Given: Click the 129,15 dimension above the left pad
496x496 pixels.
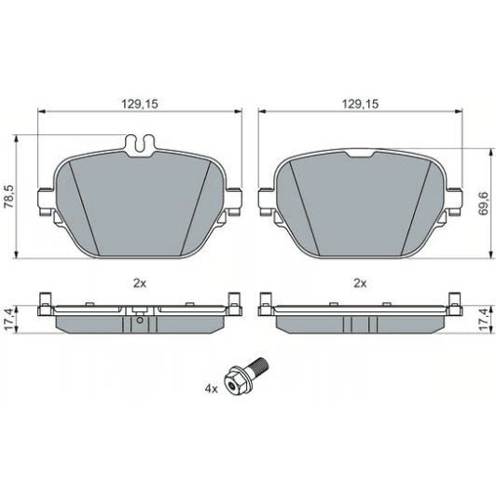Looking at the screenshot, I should pos(138,106).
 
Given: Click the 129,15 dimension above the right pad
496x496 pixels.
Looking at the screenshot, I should pos(360,106).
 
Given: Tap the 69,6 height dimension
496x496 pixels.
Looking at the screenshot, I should pos(483,203).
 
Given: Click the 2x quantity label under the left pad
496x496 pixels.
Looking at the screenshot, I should pos(138,281).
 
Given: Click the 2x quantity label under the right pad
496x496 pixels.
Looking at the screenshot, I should pos(360,281).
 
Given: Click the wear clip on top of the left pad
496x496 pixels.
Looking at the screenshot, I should pos(138,145).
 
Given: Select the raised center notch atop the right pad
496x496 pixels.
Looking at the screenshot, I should pos(360,152).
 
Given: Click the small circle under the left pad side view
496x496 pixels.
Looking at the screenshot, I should pos(138,325).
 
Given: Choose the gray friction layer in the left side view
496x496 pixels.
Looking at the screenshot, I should pos(93,322).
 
